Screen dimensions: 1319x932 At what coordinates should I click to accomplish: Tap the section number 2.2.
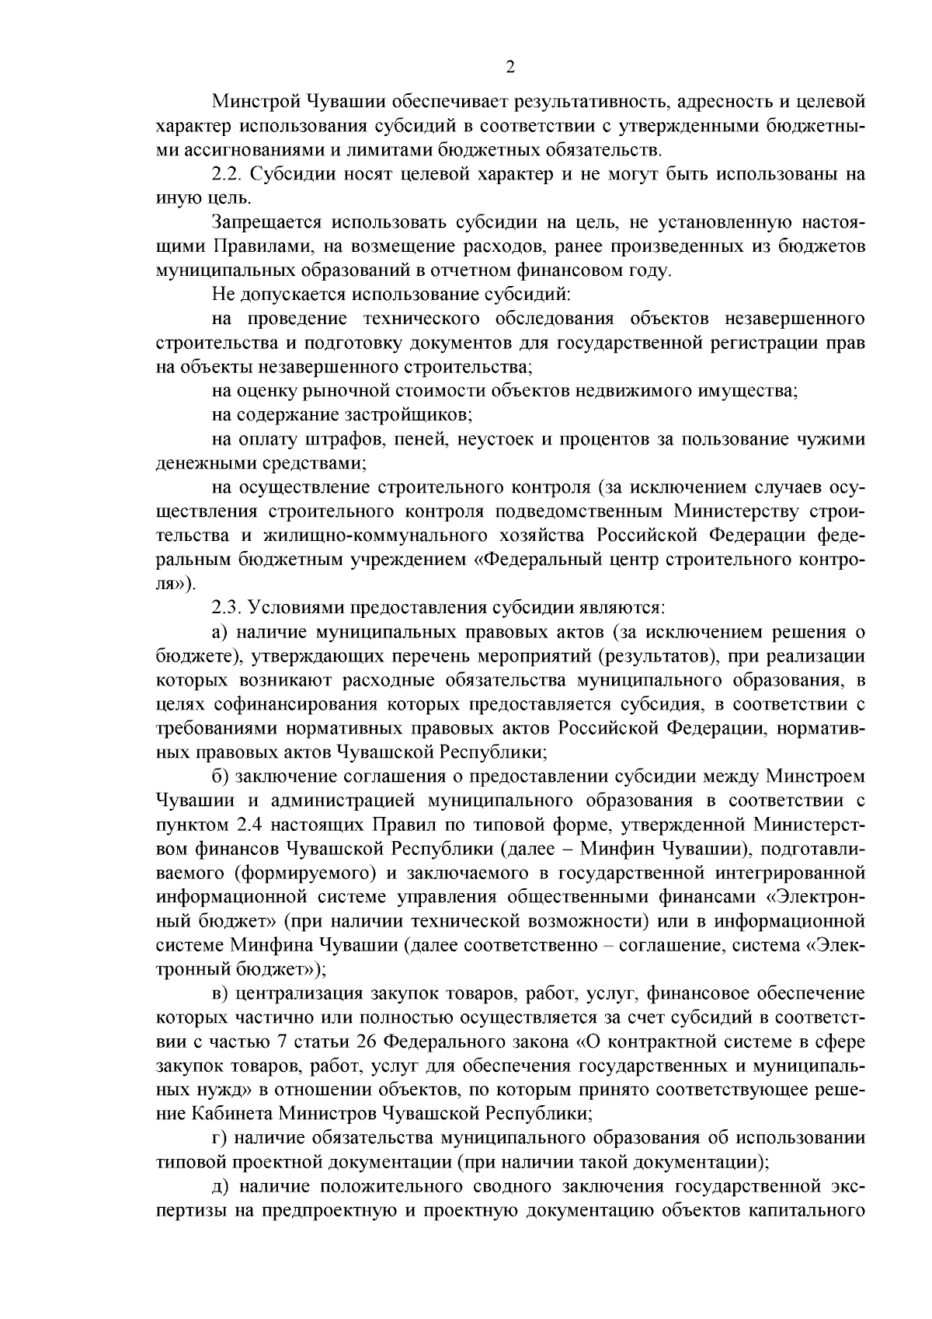227,174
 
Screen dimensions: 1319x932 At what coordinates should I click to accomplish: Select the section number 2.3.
227,606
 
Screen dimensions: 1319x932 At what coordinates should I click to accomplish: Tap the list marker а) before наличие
219,631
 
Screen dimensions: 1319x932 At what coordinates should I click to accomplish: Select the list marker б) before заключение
219,776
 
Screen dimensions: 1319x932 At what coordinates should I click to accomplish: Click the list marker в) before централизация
219,993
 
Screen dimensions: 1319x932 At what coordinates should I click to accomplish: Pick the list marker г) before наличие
218,1138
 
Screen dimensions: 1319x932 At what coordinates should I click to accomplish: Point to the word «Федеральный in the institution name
527,560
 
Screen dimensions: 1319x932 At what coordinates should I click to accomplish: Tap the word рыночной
343,391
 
